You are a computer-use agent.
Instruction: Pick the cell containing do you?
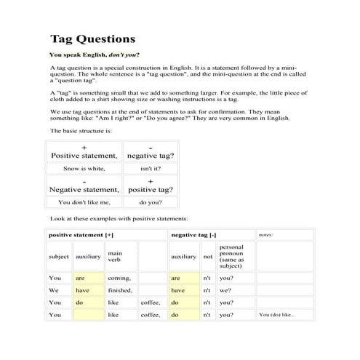click(x=150, y=203)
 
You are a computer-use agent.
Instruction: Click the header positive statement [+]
click(x=81, y=235)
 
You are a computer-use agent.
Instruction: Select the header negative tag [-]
click(x=193, y=235)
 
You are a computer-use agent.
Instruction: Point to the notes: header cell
click(x=265, y=235)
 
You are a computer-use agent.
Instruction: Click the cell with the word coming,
click(x=119, y=278)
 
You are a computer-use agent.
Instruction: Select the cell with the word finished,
click(x=120, y=290)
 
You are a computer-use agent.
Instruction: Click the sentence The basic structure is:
click(x=81, y=130)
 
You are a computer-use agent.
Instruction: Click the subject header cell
click(x=59, y=257)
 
